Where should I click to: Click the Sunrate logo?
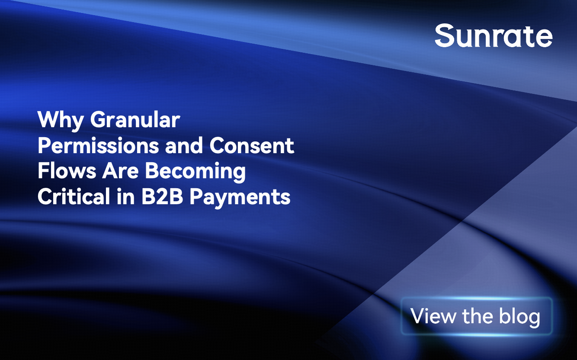494,35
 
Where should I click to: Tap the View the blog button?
477,316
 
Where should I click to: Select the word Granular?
135,119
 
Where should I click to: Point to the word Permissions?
98,145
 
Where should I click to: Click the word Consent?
252,145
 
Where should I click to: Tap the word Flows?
67,171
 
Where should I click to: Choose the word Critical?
74,196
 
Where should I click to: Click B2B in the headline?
162,196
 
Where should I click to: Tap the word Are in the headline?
121,171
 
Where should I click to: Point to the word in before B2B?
126,196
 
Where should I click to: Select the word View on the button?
433,316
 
